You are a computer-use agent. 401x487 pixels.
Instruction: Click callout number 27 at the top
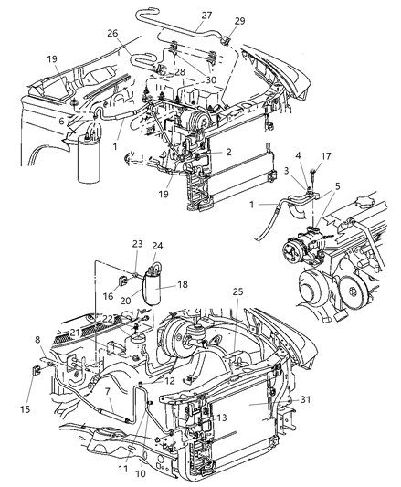tap(206, 16)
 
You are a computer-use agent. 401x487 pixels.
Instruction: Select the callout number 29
tap(240, 20)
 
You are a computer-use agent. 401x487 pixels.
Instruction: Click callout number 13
tap(222, 417)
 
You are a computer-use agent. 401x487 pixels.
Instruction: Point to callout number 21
tap(75, 332)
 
